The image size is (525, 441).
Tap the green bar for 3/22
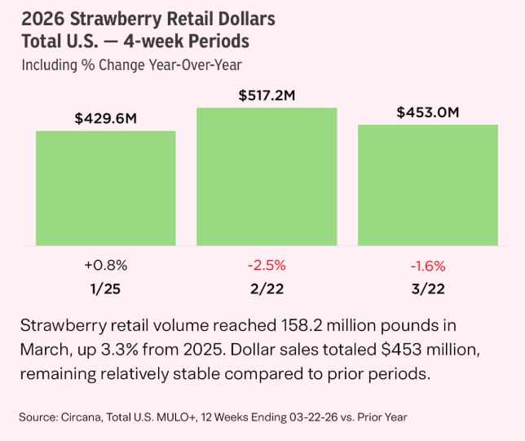click(428, 185)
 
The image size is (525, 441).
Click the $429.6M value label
click(105, 118)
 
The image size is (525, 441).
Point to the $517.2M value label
click(267, 95)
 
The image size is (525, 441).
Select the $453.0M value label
click(429, 112)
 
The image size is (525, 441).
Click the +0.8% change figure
click(105, 265)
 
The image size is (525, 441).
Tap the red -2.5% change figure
click(267, 265)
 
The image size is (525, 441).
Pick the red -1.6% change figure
click(428, 265)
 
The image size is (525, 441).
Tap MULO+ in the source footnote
click(181, 417)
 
